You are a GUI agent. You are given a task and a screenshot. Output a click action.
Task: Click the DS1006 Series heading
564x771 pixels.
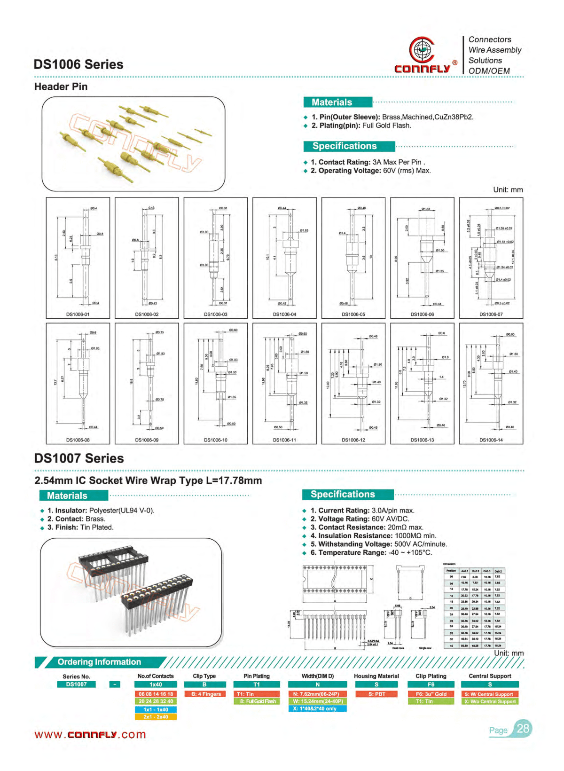pyautogui.click(x=78, y=64)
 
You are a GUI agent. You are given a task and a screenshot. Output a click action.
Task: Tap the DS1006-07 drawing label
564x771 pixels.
pyautogui.click(x=491, y=314)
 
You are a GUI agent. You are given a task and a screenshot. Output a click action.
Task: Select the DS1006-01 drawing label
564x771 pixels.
pyautogui.click(x=78, y=314)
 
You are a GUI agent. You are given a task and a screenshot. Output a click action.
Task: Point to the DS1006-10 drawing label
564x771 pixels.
pyautogui.click(x=215, y=440)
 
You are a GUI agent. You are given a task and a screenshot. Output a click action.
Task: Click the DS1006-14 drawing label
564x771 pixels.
pyautogui.click(x=491, y=440)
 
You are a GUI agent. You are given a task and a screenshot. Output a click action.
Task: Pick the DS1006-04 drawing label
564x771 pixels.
pyautogui.click(x=284, y=314)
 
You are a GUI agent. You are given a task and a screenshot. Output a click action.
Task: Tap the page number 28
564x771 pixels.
pyautogui.click(x=523, y=729)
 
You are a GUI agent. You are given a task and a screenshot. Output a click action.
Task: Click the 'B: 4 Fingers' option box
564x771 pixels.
pyautogui.click(x=204, y=694)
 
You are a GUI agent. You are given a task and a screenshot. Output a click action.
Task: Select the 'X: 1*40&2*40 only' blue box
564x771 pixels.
pyautogui.click(x=317, y=708)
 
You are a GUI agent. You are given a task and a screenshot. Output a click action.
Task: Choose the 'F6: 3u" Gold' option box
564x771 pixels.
pyautogui.click(x=431, y=694)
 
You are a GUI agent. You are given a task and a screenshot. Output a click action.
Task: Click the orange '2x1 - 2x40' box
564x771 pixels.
pyautogui.click(x=156, y=717)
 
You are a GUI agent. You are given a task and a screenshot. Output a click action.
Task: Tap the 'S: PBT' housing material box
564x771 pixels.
pyautogui.click(x=376, y=694)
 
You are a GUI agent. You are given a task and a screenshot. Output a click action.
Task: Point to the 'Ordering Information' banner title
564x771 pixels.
pyautogui.click(x=99, y=662)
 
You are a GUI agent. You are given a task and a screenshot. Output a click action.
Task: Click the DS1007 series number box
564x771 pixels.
pyautogui.click(x=76, y=684)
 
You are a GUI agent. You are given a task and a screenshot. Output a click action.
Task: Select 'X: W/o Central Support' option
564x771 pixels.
pyautogui.click(x=490, y=701)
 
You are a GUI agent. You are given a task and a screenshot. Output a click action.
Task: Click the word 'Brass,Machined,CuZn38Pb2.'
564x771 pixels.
pyautogui.click(x=428, y=117)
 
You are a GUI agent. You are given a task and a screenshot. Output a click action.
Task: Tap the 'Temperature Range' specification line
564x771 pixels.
pyautogui.click(x=371, y=552)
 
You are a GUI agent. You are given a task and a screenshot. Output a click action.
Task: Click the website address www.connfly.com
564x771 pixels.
pyautogui.click(x=90, y=734)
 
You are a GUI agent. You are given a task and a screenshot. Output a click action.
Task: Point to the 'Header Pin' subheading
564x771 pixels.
pyautogui.click(x=61, y=87)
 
